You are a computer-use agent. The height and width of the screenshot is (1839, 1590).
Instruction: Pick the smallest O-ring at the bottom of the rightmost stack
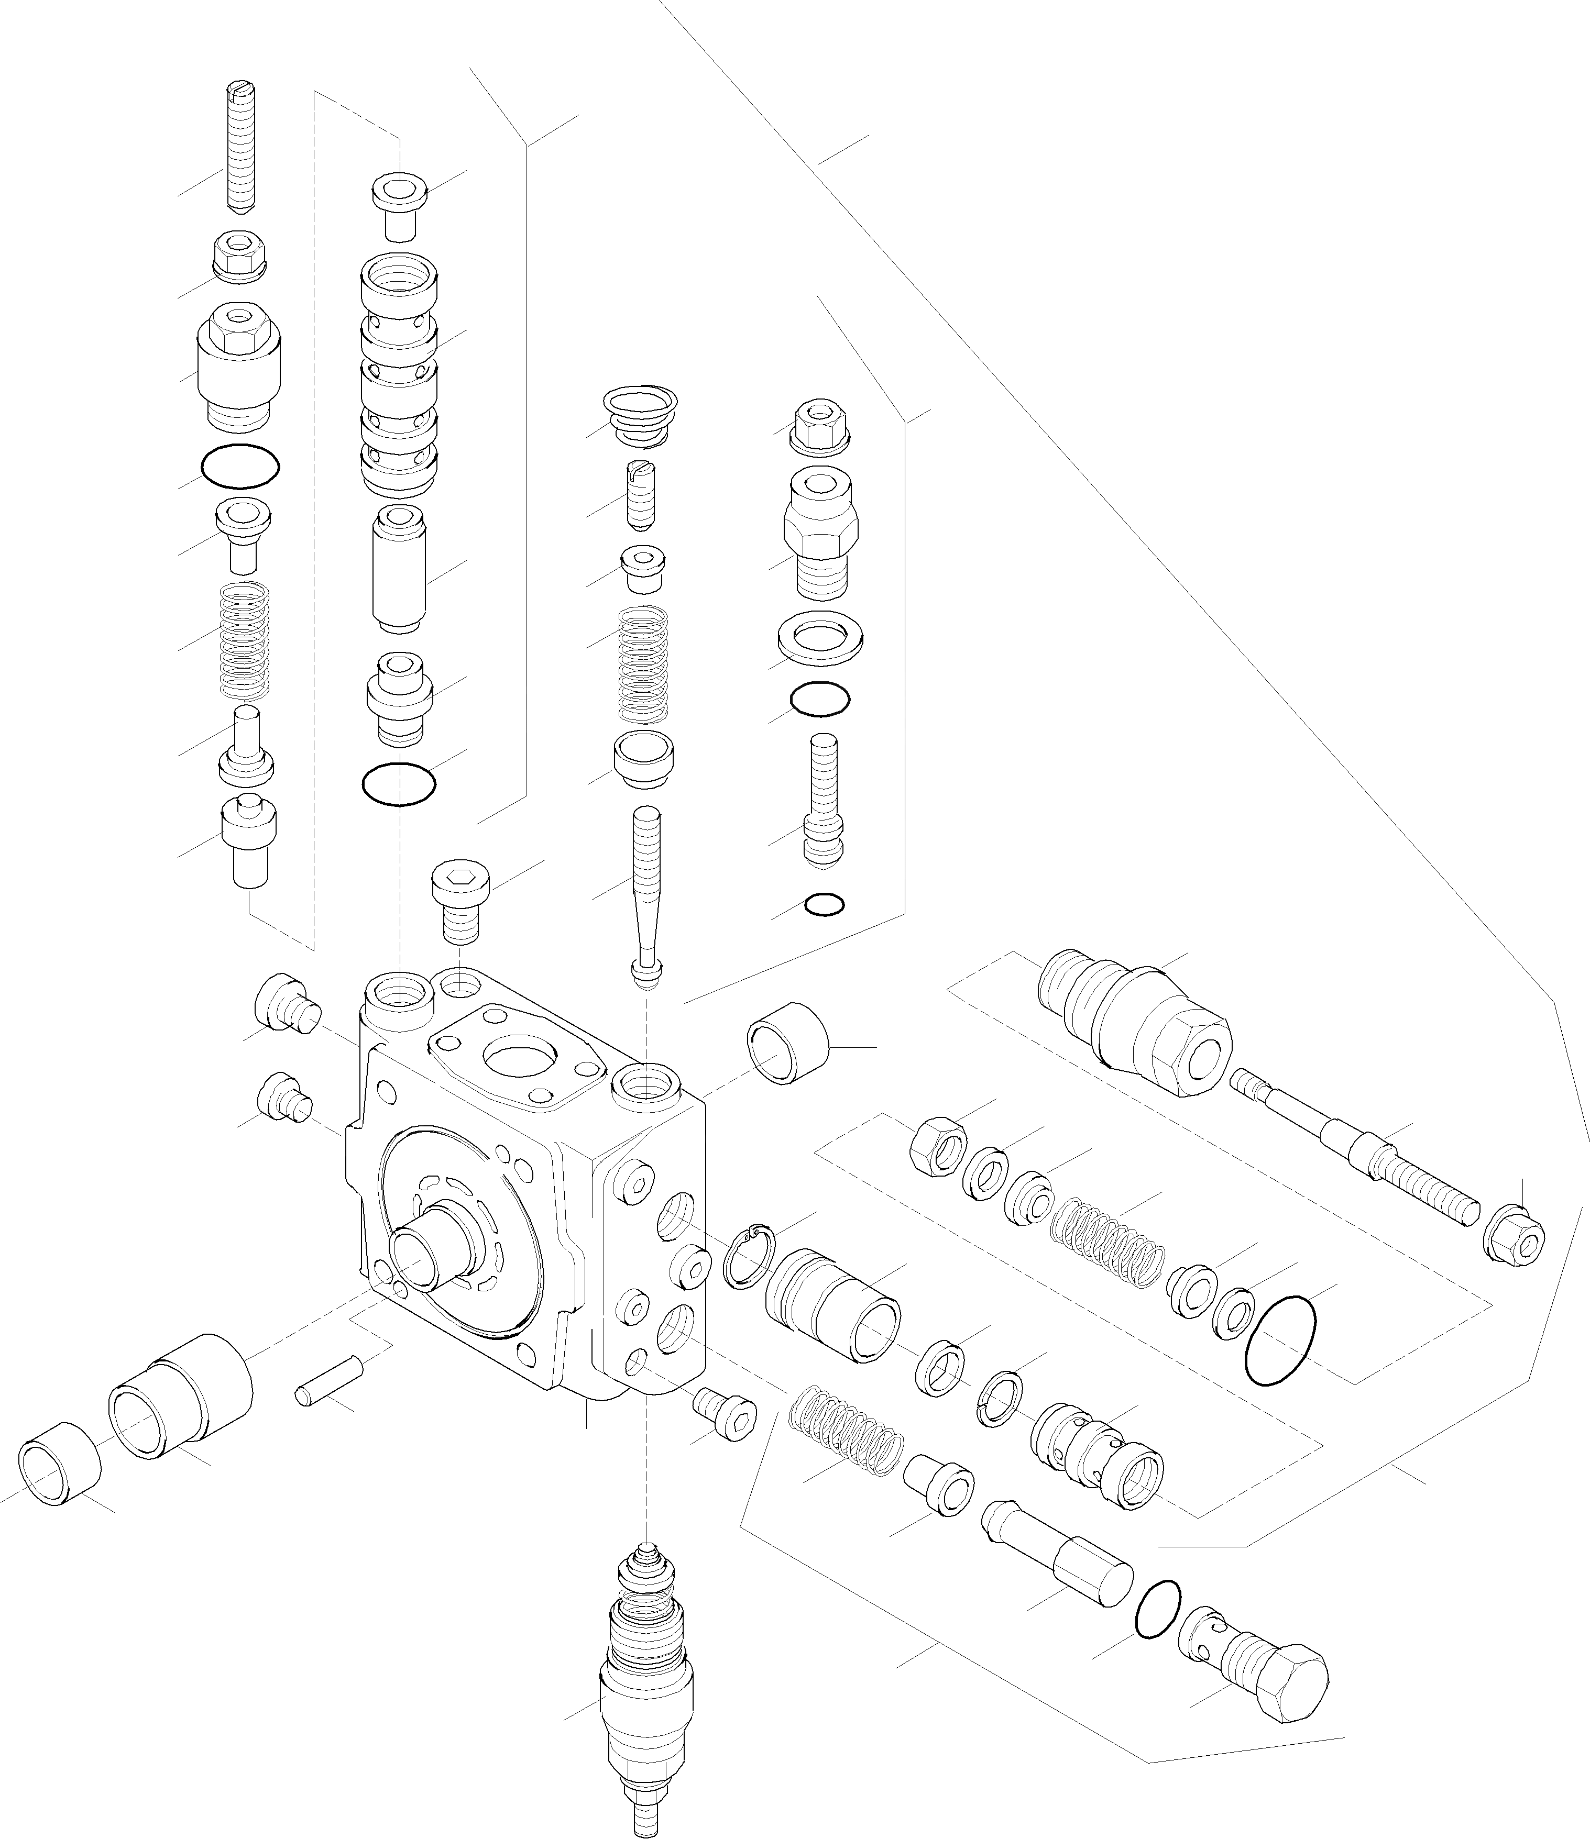click(825, 904)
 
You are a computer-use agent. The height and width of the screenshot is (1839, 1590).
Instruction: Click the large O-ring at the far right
click(1281, 1351)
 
